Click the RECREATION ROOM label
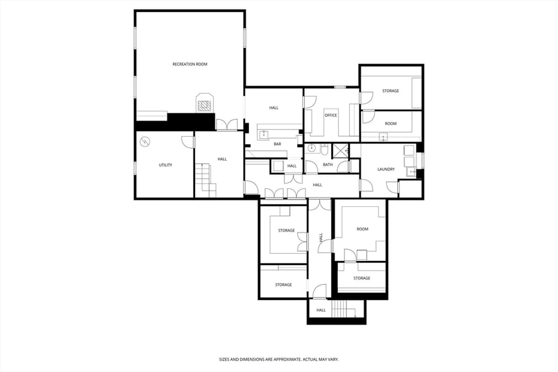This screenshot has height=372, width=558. [190, 64]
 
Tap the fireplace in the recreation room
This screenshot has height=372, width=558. [205, 104]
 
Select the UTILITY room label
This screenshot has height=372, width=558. [166, 165]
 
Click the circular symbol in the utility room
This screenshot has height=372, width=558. [145, 142]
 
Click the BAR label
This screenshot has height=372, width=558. [277, 144]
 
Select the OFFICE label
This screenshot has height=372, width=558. [331, 115]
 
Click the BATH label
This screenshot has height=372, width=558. [328, 164]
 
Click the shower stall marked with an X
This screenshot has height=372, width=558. [341, 150]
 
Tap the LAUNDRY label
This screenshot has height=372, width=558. [386, 169]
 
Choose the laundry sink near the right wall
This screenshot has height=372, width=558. [412, 172]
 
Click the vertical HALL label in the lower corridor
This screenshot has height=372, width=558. [321, 238]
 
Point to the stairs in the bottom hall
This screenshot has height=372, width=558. [341, 309]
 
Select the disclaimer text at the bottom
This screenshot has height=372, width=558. [279, 359]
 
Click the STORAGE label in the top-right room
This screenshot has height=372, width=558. [391, 91]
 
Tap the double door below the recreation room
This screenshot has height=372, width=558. [226, 125]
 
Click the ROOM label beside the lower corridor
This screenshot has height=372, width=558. [362, 229]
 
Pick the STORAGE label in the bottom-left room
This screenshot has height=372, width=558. [283, 284]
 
